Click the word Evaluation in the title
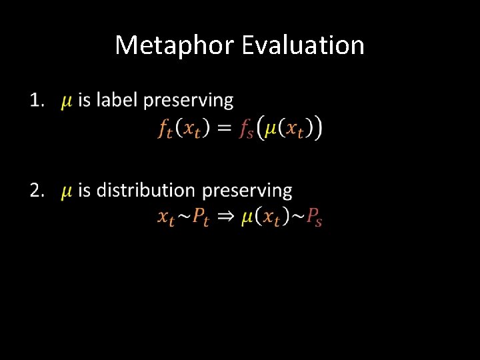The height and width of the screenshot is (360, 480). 303,46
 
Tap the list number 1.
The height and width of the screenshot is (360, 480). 37,101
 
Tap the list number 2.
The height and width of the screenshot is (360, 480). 37,191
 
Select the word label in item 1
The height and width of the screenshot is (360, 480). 117,101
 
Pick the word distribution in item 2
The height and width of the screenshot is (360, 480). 147,191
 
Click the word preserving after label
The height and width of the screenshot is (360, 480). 189,101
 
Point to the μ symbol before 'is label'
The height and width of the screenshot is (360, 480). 67,102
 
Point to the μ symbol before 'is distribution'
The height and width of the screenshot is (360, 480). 67,192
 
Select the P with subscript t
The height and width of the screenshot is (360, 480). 201,217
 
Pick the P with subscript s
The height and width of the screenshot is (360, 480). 314,217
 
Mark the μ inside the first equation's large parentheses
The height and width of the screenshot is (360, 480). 271,128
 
